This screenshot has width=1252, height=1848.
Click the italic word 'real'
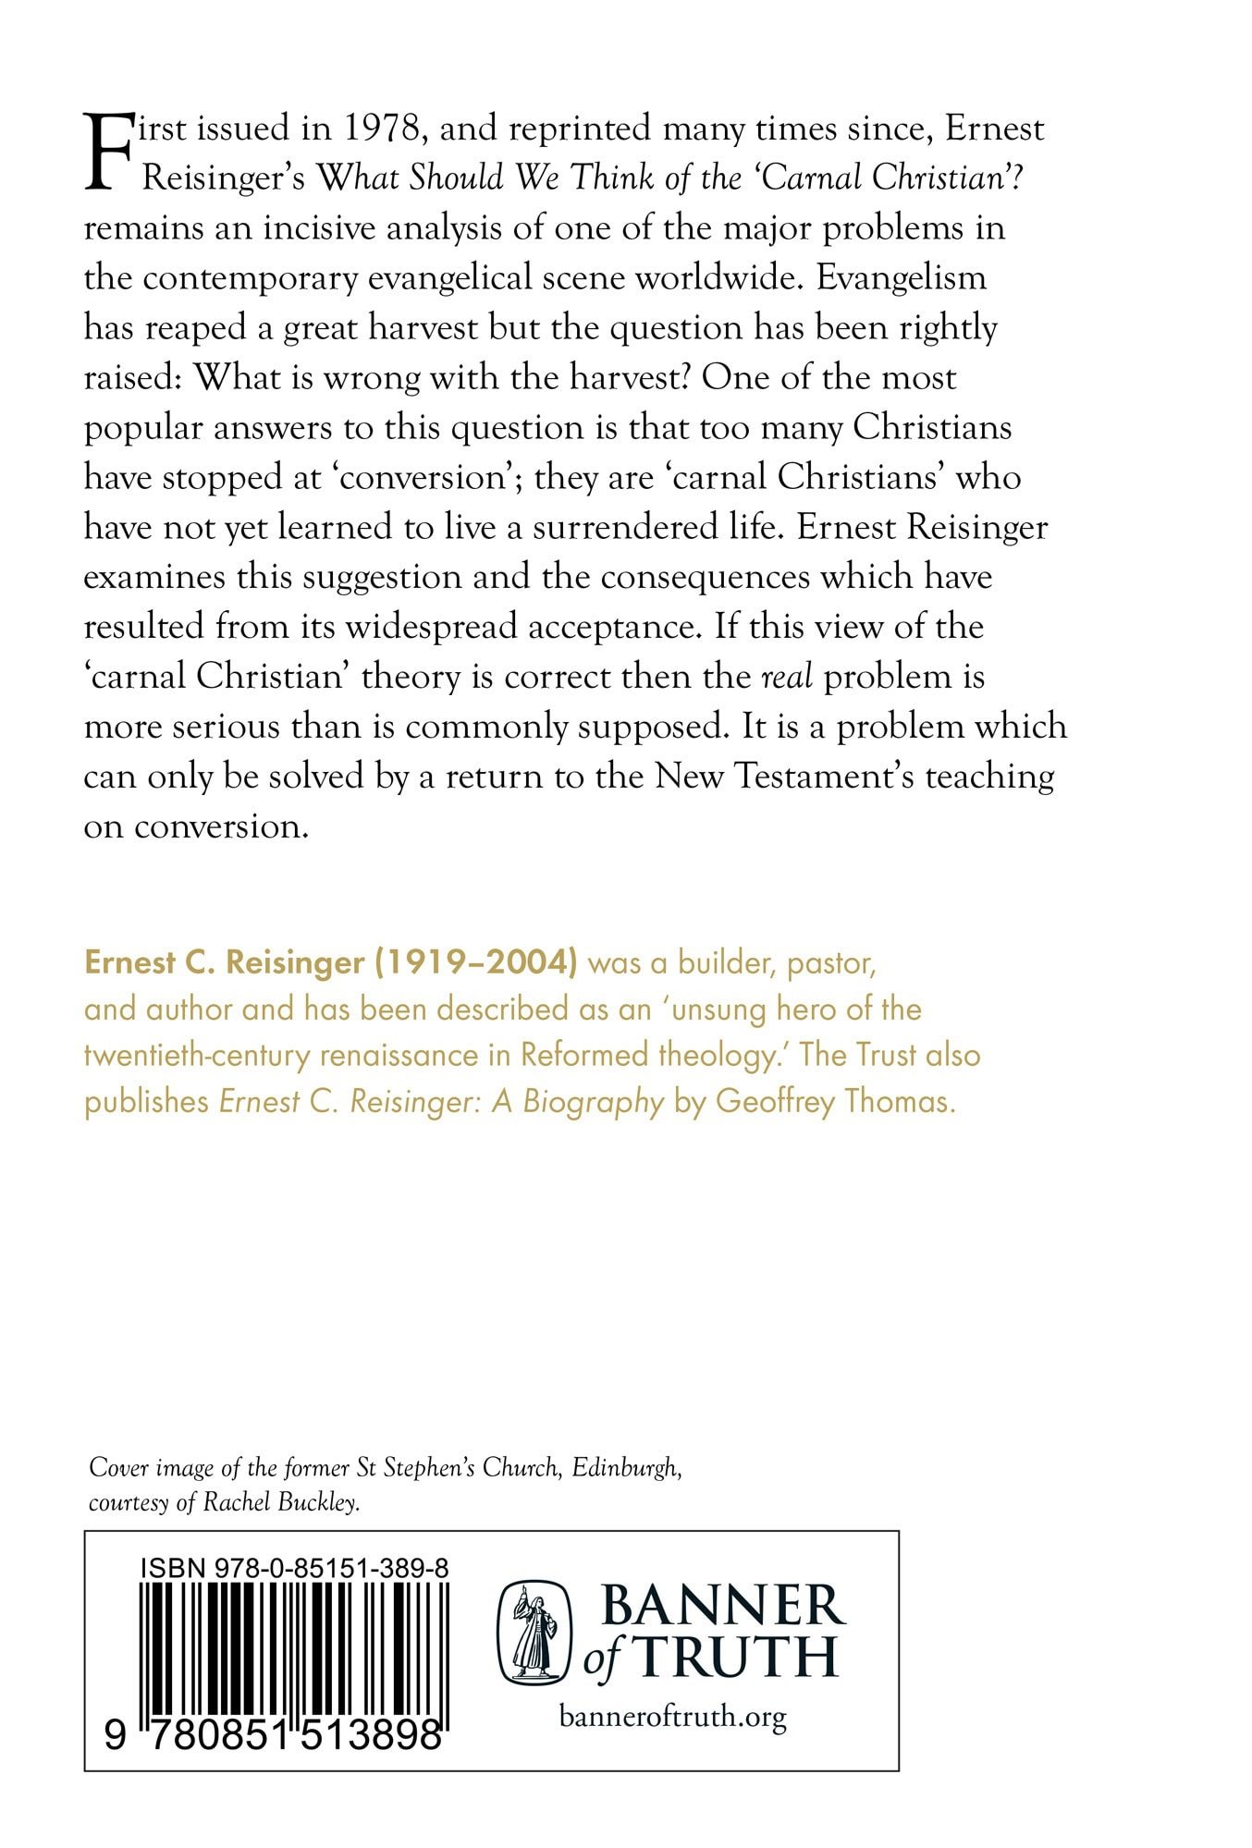click(787, 677)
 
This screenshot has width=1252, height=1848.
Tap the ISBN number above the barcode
click(295, 1568)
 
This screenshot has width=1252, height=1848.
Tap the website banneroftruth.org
click(672, 1717)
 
